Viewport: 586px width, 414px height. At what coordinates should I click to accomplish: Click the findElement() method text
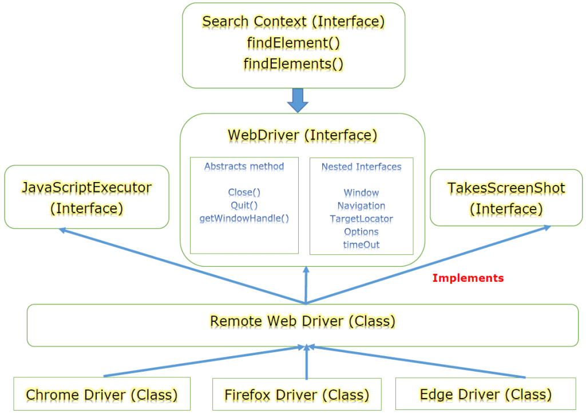tap(294, 42)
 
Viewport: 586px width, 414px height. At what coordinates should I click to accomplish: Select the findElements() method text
tap(294, 63)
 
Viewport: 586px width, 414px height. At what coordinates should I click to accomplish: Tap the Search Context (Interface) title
tap(294, 22)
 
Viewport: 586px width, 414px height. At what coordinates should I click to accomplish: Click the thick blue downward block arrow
tap(298, 100)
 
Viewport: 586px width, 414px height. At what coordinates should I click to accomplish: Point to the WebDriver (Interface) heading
tap(302, 135)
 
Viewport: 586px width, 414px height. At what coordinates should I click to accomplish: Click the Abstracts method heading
tap(244, 167)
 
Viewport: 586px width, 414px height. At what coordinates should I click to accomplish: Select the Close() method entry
tap(244, 192)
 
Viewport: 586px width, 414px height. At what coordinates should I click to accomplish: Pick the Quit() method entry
tap(244, 205)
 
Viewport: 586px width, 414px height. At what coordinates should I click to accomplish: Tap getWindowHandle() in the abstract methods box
tap(244, 218)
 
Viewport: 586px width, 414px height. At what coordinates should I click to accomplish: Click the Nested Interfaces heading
tap(361, 167)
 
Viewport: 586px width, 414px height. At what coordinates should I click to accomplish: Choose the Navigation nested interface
tap(361, 206)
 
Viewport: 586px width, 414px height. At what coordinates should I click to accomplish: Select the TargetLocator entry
tap(361, 219)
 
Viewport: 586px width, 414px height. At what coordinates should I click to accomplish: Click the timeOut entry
tap(361, 245)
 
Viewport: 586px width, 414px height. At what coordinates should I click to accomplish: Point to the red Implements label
tap(468, 278)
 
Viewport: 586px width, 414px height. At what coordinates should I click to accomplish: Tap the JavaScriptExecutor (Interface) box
tap(86, 197)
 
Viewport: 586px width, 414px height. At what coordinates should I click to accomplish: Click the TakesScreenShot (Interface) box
tap(506, 198)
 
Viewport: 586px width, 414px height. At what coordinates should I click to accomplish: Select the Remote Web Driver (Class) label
tap(302, 321)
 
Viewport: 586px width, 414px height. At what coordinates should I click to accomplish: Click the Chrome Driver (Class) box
tap(101, 394)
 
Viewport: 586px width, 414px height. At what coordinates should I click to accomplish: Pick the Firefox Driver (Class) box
tap(296, 395)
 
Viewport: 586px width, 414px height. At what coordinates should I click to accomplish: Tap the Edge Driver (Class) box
tap(485, 394)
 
